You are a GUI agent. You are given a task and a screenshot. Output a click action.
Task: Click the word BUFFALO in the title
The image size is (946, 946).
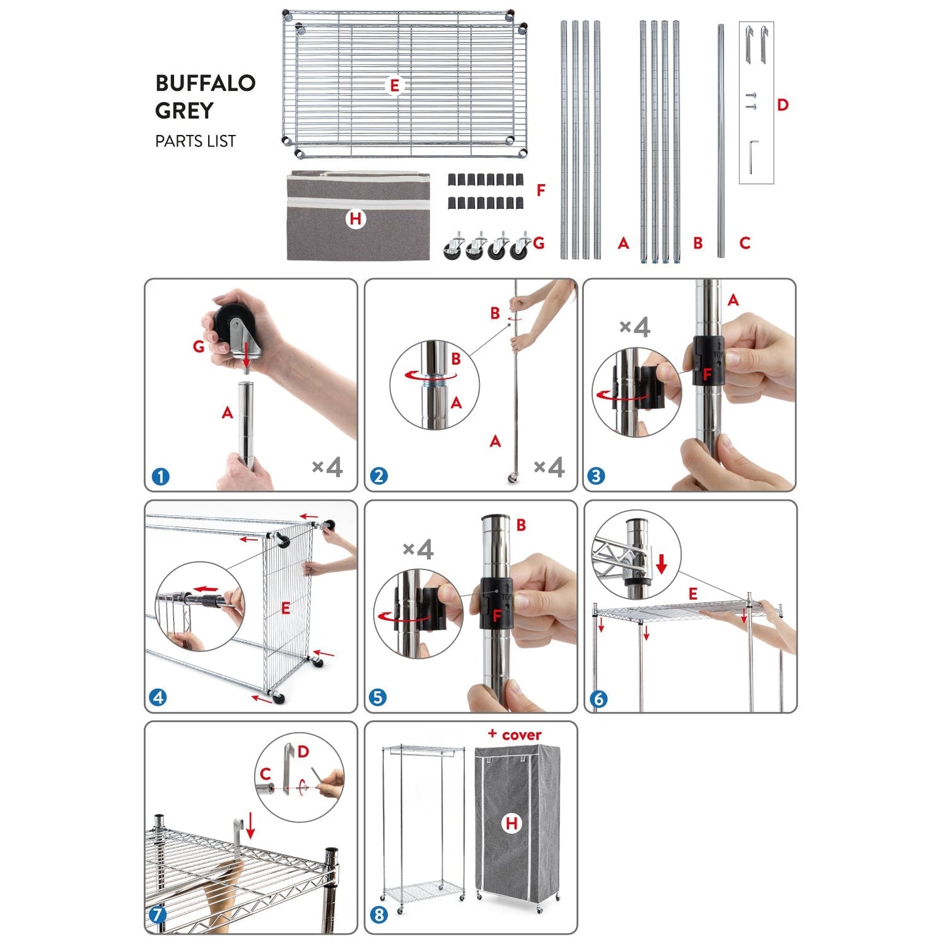(205, 83)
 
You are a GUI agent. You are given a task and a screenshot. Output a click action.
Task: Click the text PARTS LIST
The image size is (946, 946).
(195, 141)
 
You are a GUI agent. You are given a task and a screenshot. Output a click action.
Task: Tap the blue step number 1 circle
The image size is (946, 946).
(160, 477)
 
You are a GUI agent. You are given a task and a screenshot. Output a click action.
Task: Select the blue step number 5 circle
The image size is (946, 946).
(378, 697)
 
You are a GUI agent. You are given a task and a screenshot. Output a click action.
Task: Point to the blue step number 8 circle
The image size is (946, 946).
(379, 915)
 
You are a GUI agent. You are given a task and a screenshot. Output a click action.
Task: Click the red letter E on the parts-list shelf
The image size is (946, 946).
(394, 86)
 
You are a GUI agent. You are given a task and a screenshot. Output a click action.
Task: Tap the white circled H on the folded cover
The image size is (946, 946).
(355, 219)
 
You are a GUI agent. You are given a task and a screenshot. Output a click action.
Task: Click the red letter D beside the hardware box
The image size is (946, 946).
(783, 105)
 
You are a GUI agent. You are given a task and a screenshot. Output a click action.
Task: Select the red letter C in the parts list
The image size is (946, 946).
(744, 244)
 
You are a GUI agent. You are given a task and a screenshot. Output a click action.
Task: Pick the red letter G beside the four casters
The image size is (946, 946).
(539, 244)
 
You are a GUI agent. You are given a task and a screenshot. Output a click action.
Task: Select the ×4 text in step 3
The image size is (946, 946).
(634, 327)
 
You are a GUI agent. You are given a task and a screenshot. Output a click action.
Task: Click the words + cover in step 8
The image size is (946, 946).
(515, 735)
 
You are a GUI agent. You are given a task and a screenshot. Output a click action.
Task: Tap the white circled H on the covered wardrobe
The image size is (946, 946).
(512, 824)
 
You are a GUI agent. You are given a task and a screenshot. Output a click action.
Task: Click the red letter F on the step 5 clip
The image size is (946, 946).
(497, 616)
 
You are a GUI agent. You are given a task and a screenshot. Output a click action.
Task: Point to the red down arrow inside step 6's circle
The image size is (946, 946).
(661, 563)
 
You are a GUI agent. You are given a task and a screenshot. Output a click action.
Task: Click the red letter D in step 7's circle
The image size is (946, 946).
(303, 752)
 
